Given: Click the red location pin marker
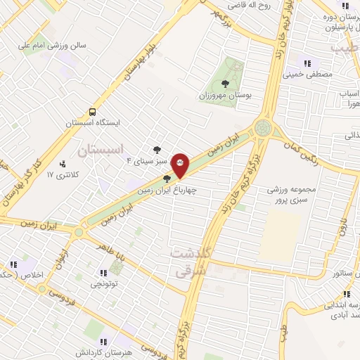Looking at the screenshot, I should (x=181, y=166).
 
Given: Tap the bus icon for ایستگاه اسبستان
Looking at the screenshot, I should (x=93, y=112).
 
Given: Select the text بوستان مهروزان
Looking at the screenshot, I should (x=225, y=94).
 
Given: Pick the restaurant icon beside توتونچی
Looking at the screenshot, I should (x=103, y=273).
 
